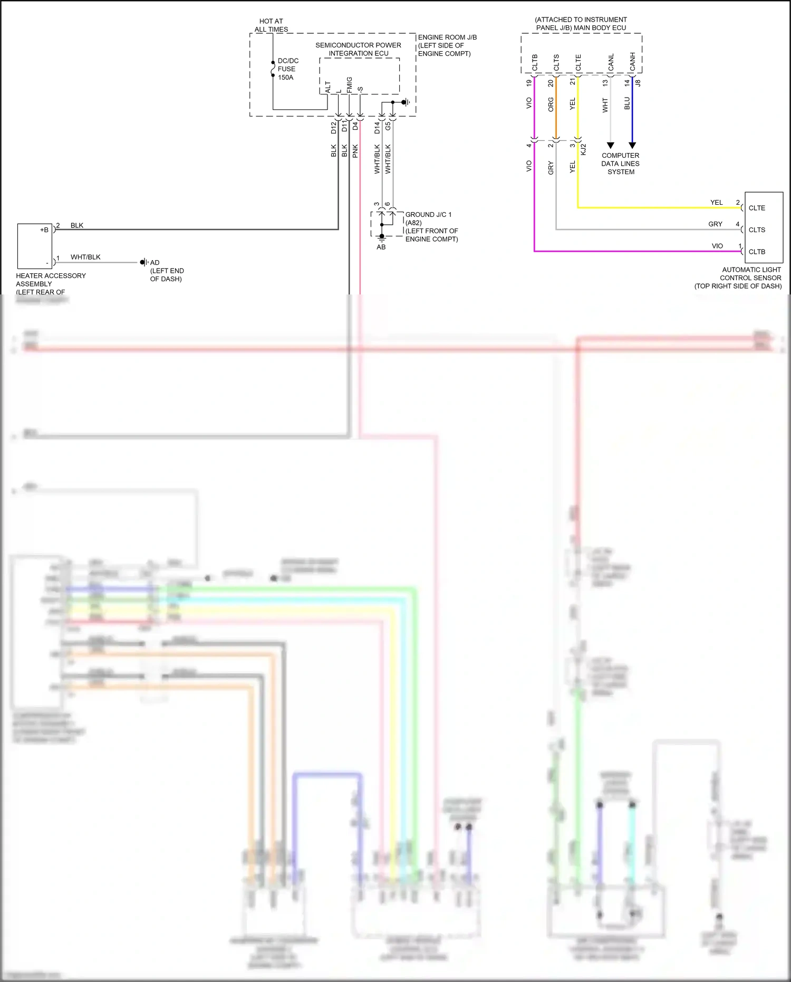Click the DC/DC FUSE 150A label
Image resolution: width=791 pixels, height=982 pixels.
(287, 69)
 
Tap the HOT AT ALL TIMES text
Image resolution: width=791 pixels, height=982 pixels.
(271, 25)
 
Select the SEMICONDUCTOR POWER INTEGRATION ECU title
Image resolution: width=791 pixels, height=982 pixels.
(358, 49)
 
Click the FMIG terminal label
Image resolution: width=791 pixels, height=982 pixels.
(349, 84)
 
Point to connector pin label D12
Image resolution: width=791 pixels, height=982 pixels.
(333, 127)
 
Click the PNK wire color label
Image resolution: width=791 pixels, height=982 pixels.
(355, 151)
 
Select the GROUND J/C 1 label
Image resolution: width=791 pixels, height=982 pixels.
(428, 215)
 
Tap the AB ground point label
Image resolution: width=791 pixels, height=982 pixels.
(381, 247)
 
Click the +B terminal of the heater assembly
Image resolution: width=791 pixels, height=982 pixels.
(44, 230)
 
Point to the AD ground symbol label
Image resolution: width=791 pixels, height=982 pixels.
(155, 262)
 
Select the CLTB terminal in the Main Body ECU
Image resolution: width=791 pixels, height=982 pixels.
(535, 62)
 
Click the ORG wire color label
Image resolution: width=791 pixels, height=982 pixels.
(551, 104)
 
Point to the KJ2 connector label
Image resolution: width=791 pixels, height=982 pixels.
(583, 149)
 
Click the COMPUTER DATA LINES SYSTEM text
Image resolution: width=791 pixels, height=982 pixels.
(620, 164)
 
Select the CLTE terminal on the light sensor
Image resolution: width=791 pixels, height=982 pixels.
(757, 208)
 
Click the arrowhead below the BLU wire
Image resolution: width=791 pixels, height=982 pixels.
(632, 145)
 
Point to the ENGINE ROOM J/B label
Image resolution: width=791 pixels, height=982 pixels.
(447, 37)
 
